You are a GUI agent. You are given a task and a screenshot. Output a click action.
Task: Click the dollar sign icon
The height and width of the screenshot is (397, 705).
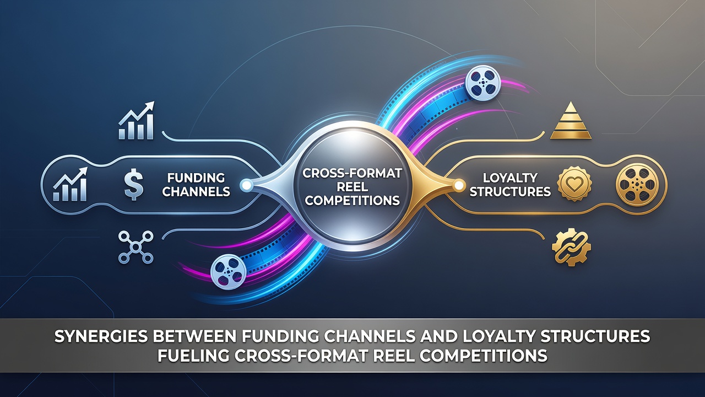[134, 184]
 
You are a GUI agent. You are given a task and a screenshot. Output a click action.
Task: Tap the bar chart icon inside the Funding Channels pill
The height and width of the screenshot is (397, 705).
[70, 184]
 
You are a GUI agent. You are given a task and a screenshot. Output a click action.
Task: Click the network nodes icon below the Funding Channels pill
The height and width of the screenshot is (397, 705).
[135, 247]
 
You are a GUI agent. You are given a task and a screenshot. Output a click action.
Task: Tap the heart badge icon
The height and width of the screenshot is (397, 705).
[574, 184]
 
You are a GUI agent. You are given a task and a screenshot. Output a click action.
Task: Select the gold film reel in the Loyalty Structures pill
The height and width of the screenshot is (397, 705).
[637, 184]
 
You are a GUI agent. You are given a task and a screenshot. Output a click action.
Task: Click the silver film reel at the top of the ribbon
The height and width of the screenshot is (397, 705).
[482, 83]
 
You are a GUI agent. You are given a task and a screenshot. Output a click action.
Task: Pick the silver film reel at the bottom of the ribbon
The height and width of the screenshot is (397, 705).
[228, 272]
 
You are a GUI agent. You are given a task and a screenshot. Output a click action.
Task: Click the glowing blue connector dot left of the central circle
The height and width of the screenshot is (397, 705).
[246, 185]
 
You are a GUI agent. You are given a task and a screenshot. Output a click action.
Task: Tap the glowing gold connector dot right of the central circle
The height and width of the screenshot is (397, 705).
[459, 185]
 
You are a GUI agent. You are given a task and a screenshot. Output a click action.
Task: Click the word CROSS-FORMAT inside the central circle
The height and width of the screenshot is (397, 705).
[352, 173]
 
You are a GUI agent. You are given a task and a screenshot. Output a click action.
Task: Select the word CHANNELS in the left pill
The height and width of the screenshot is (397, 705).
[196, 191]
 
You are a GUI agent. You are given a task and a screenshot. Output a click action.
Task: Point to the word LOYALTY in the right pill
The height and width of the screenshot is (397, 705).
[510, 178]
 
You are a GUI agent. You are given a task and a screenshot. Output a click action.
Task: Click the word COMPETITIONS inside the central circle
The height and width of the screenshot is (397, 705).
[352, 200]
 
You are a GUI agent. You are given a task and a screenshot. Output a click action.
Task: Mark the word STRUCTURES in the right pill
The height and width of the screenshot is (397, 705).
[510, 191]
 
